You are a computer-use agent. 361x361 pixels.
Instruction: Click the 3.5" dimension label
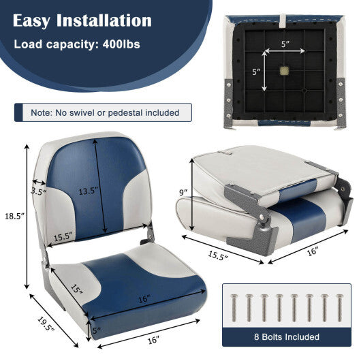pos(38,192)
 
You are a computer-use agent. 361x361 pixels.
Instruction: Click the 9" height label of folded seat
pos(183,192)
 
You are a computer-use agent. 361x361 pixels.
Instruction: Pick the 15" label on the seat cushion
pos(77,290)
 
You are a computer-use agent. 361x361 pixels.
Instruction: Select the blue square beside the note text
pos(20,112)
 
